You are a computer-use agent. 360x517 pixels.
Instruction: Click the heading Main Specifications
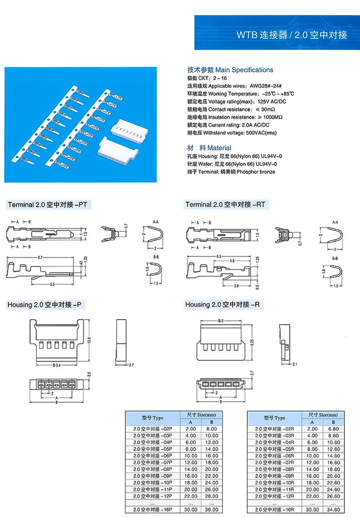[x=230, y=70]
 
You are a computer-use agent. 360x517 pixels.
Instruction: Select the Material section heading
[x=209, y=147]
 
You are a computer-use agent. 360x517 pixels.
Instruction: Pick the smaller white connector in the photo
[x=128, y=131]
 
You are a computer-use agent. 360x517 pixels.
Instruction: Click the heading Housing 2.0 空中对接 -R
[x=226, y=305]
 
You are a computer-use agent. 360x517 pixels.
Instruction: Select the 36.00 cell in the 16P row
[x=212, y=509]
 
